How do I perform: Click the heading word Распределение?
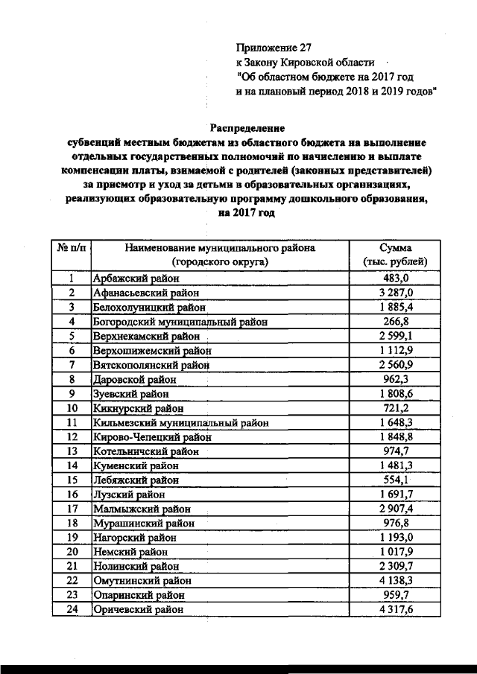(246, 128)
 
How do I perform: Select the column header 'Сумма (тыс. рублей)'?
(395, 255)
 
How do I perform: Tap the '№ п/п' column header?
(71, 248)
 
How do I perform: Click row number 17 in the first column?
(72, 508)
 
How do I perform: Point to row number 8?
(72, 379)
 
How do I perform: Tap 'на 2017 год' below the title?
(246, 213)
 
